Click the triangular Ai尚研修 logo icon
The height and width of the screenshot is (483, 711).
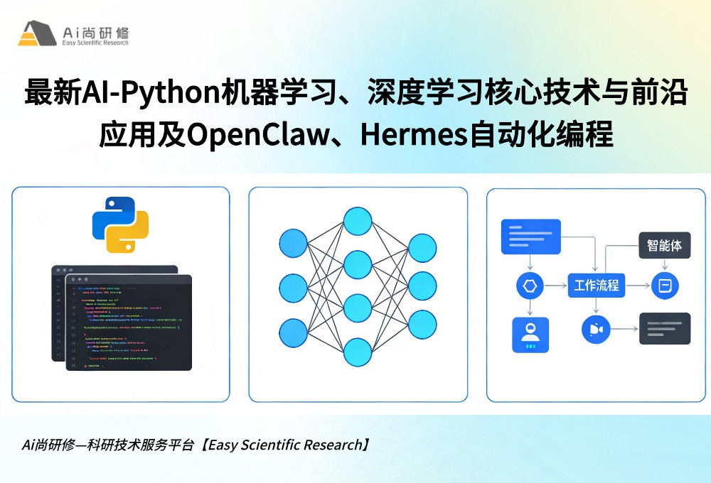[x=37, y=33]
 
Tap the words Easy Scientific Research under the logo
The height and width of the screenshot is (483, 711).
[x=95, y=43]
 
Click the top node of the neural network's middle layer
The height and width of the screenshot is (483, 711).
[x=358, y=220]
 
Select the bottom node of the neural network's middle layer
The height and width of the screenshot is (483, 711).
[x=358, y=352]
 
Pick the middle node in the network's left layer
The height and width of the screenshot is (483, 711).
[x=293, y=288]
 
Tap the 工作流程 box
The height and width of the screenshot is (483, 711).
[x=595, y=286]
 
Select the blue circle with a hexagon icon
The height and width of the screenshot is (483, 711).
[x=530, y=286]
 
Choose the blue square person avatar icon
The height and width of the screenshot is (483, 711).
[x=530, y=335]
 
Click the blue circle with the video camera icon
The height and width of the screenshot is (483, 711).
[x=595, y=329]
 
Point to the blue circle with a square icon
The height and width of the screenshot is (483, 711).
[x=665, y=286]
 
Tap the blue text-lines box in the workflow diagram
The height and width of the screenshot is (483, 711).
[x=530, y=237]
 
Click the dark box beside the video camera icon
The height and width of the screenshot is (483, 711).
[x=664, y=328]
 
